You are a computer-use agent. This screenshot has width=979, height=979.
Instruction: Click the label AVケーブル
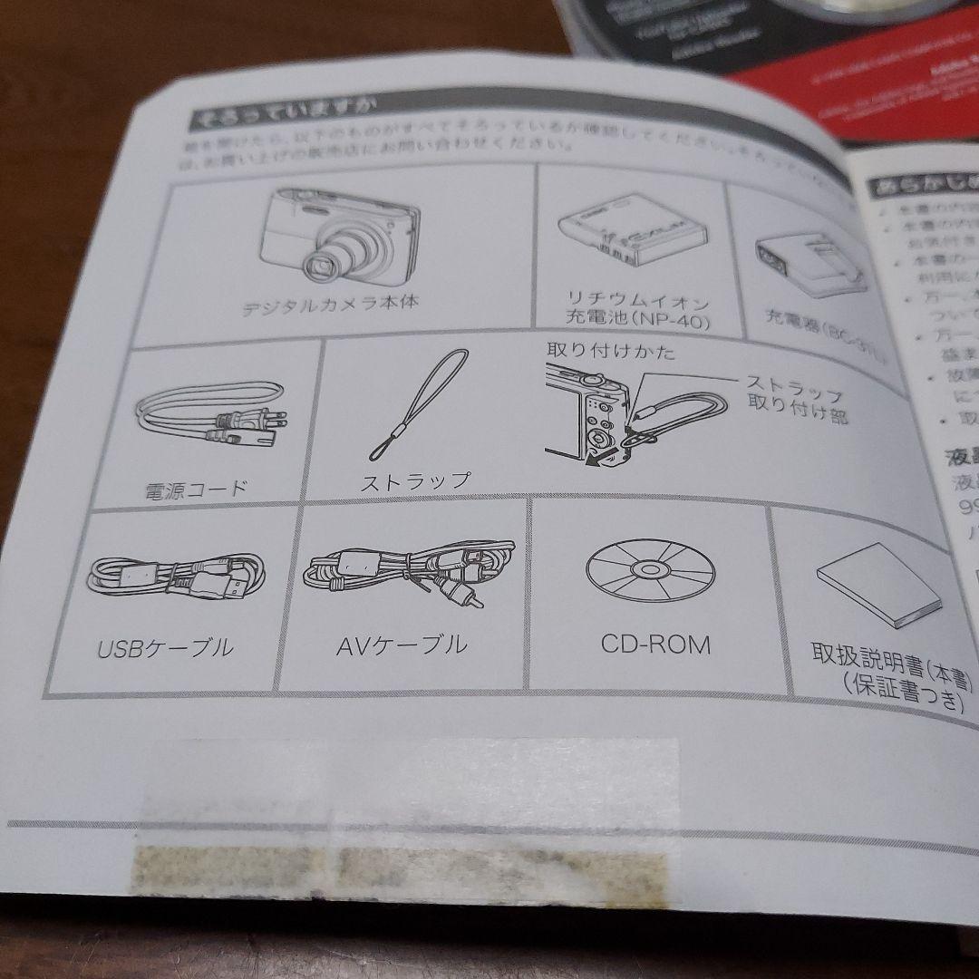click(402, 645)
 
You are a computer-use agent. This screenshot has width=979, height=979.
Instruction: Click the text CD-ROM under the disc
click(655, 644)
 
